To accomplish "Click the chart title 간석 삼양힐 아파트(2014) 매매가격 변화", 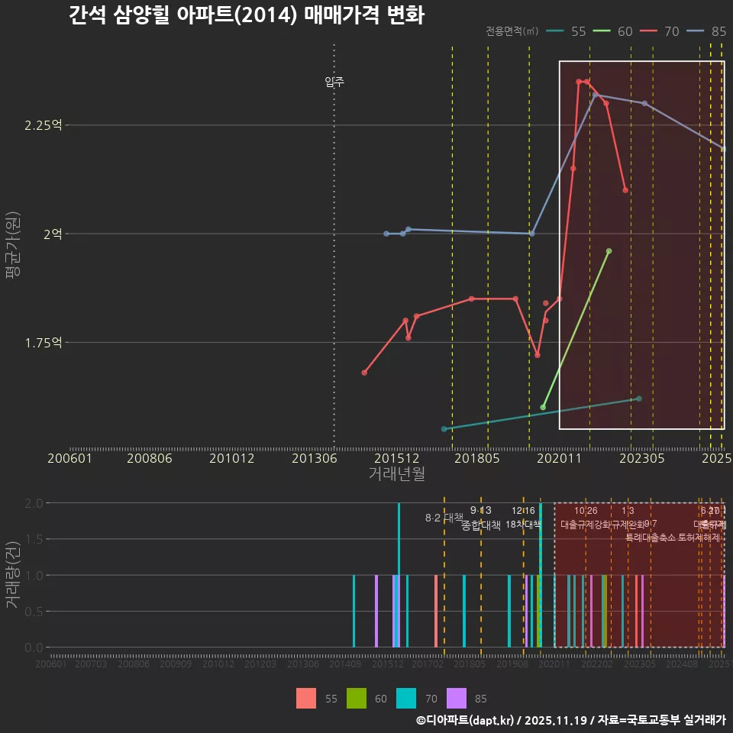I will point(246,15).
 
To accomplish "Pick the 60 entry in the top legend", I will point(625,31).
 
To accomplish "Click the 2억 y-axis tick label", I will point(53,234).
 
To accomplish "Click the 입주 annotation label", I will point(334,82).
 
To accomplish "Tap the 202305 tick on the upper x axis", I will point(641,459).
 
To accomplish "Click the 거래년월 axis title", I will point(396,474).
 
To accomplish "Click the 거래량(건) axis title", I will point(13,575).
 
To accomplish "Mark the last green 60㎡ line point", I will point(609,250).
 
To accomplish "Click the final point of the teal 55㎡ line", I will point(639,399).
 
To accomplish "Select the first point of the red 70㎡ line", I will point(364,373).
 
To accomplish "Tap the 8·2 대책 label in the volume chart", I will point(444,518).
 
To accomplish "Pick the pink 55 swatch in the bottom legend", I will point(306,698).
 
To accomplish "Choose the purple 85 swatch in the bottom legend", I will point(456,698).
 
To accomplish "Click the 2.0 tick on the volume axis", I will point(34,503).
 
